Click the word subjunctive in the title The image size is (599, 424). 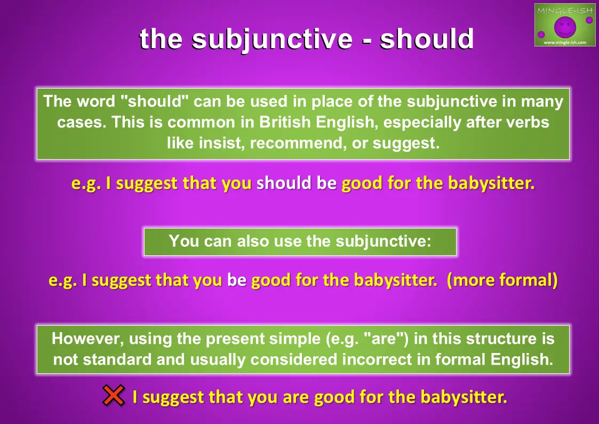[271, 40]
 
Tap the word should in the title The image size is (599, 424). [427, 38]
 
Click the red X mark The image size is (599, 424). [114, 395]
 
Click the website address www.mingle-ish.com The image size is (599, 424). [565, 42]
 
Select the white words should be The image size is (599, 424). [297, 183]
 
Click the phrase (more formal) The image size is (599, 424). [502, 280]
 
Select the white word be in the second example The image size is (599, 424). [237, 280]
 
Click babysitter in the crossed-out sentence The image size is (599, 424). [464, 397]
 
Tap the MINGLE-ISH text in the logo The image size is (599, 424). [565, 10]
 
